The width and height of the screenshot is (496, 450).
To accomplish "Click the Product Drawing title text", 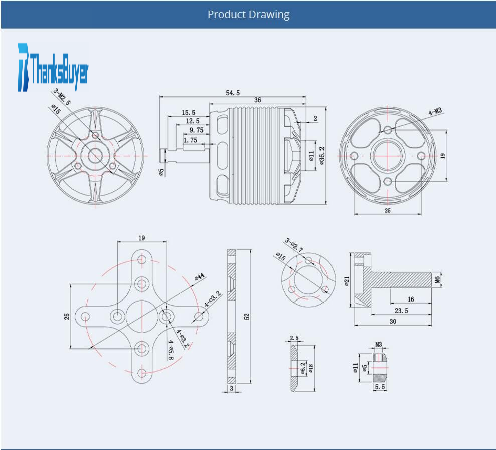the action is click(248, 15).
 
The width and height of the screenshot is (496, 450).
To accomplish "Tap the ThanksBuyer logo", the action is click(53, 67).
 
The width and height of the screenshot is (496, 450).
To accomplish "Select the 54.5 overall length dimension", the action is click(233, 93).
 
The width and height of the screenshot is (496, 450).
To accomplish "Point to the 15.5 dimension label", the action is click(188, 113).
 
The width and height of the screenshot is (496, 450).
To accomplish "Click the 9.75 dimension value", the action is click(196, 130).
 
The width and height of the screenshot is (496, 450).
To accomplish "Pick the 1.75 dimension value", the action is click(190, 140).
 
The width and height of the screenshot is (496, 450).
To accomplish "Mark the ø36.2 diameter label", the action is click(322, 156).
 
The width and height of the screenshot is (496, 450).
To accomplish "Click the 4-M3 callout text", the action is click(435, 111).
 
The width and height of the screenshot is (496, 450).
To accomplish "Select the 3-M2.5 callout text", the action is click(62, 97).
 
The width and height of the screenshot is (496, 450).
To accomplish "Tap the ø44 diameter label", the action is click(199, 277).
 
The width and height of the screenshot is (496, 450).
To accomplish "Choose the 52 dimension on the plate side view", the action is click(247, 316).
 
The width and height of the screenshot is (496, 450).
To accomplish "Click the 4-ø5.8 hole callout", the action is click(171, 350).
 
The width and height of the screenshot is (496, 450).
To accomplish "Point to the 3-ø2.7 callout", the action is click(294, 245).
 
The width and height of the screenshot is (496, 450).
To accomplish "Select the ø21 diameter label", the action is click(347, 281).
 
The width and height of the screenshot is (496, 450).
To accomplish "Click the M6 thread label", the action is click(437, 280).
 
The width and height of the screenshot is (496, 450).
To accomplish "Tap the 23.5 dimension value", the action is click(401, 311).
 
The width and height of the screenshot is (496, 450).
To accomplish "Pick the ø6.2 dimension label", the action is click(303, 368).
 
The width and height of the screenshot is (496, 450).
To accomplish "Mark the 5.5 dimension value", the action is click(380, 387).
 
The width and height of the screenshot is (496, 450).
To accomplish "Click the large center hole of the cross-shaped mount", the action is click(142, 316).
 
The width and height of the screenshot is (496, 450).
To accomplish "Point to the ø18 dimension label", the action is click(311, 368).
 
